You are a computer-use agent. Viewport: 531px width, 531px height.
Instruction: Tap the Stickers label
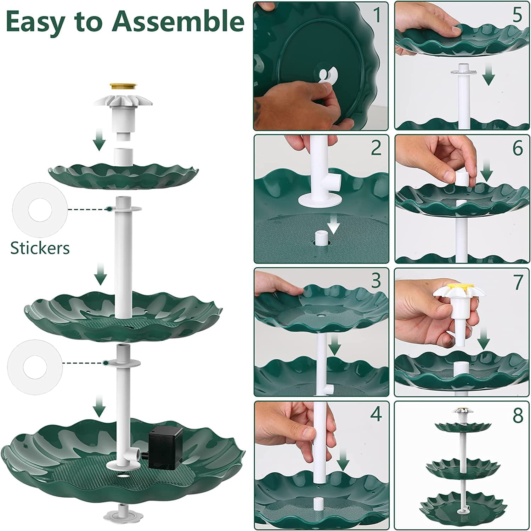[40, 248]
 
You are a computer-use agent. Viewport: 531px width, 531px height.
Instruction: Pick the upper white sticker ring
[40, 210]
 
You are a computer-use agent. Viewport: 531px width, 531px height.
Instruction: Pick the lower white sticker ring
[34, 363]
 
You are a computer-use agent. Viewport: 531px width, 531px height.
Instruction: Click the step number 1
[377, 15]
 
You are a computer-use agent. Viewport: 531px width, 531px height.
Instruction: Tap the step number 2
[376, 148]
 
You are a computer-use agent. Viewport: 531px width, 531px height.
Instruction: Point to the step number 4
[376, 414]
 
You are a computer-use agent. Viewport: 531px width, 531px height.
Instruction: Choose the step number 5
[518, 15]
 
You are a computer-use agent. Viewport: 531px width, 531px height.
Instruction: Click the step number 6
[518, 148]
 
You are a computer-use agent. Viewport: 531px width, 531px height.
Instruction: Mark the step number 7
[518, 281]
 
